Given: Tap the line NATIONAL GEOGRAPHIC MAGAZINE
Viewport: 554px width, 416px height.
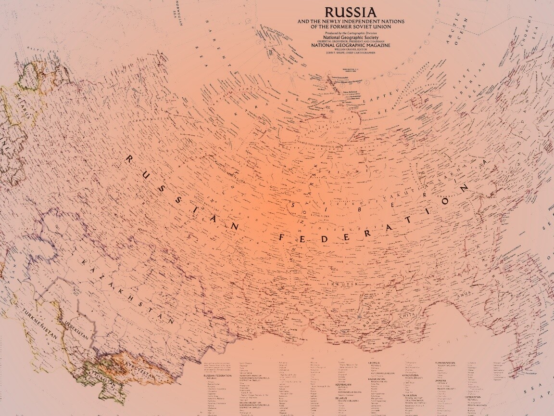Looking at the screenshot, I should click(x=351, y=45).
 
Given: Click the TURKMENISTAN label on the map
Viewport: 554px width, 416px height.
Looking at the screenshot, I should click(x=39, y=323).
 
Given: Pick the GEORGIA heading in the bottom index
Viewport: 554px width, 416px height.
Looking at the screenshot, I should click(x=374, y=363).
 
